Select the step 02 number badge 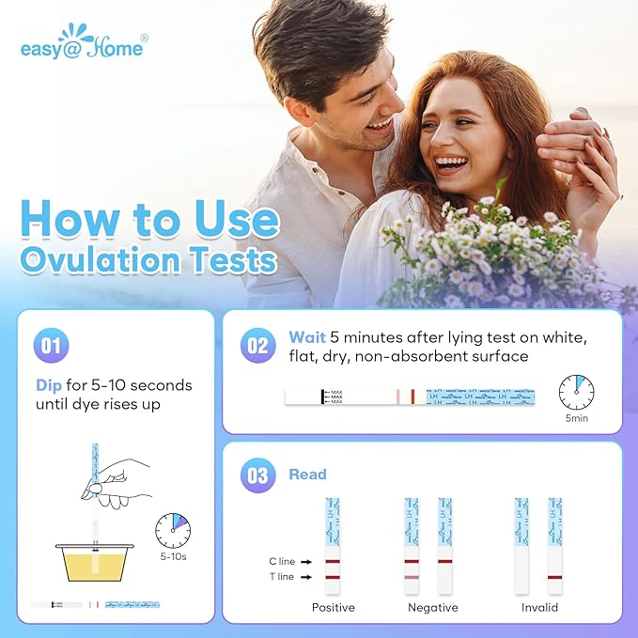click(x=257, y=346)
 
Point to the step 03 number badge click(x=257, y=475)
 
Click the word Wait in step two click(x=307, y=336)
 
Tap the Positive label click(x=334, y=608)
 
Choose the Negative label click(x=432, y=608)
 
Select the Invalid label click(x=539, y=608)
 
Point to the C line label click(x=281, y=562)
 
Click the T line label click(x=281, y=577)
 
